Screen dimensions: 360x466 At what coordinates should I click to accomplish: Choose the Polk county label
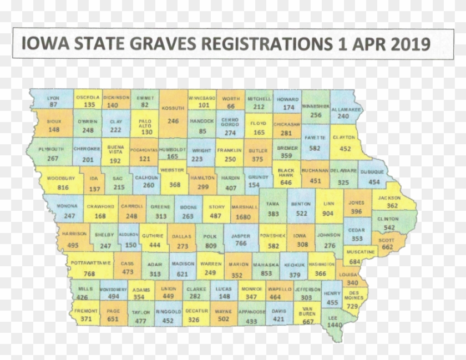pos(210,235)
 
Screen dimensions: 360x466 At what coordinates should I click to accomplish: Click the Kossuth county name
pos(173,109)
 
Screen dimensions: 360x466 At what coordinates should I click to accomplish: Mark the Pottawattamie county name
pos(89,262)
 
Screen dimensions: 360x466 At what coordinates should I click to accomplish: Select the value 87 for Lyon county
pos(53,104)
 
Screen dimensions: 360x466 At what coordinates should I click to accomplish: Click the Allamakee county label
pos(346,109)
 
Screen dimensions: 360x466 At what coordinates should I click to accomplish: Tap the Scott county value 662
pos(387,247)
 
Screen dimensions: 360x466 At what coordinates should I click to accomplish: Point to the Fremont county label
pos(86,311)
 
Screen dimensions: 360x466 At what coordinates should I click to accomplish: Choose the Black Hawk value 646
pos(286,182)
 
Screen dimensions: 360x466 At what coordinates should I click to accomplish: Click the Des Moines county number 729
pos(352,306)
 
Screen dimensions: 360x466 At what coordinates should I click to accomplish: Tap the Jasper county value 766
pos(240,244)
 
